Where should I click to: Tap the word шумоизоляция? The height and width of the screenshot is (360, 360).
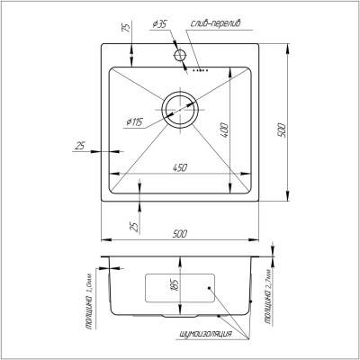(205, 335)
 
